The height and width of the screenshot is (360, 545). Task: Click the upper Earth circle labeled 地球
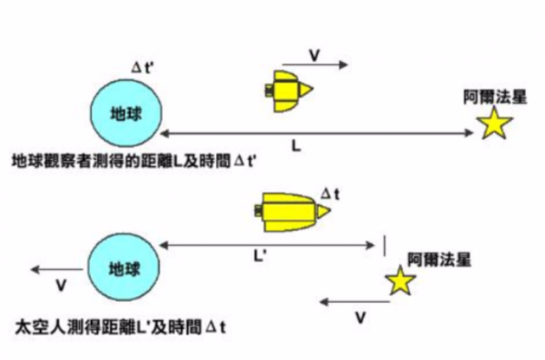coord(126,114)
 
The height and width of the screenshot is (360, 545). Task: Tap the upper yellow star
coord(494,123)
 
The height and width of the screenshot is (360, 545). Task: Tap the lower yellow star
coord(400,281)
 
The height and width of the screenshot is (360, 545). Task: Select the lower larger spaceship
coord(290,211)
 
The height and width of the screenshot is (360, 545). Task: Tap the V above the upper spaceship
coord(314,55)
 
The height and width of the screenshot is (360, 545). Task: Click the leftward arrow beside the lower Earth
coord(56,270)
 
